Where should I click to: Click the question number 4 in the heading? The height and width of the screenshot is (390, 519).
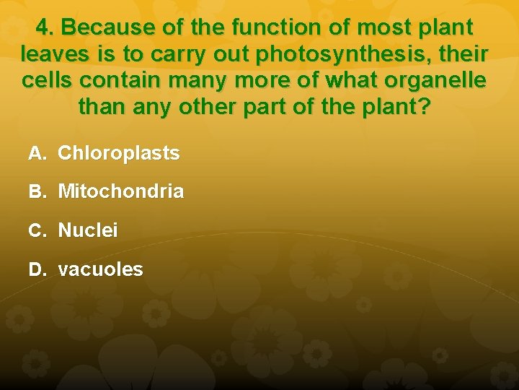tap(44, 28)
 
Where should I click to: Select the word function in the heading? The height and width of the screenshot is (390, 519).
tap(262, 28)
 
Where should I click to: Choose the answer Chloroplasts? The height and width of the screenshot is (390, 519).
tap(119, 153)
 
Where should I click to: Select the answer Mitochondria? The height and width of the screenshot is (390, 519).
tap(120, 192)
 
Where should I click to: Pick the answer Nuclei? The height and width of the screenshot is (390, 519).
tap(88, 231)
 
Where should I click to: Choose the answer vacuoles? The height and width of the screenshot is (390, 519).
tap(100, 270)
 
